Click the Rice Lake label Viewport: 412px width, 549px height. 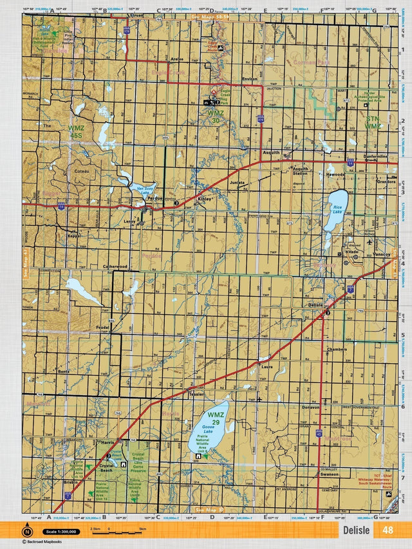(337, 209)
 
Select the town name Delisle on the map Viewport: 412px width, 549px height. (315, 304)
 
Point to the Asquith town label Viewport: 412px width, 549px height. (270, 153)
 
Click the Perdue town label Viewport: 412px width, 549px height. (155, 198)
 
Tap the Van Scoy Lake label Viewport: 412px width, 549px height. (145, 191)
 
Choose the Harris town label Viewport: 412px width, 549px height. (108, 443)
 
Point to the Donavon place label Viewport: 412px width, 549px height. (310, 408)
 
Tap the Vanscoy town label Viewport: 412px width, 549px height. (382, 255)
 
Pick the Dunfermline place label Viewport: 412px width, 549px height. (375, 156)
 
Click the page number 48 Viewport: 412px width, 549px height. (388, 530)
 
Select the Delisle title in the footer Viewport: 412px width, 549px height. (357, 530)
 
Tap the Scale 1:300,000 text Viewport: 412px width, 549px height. (61, 532)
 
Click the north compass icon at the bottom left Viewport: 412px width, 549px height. (28, 532)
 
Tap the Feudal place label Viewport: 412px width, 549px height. (103, 327)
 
